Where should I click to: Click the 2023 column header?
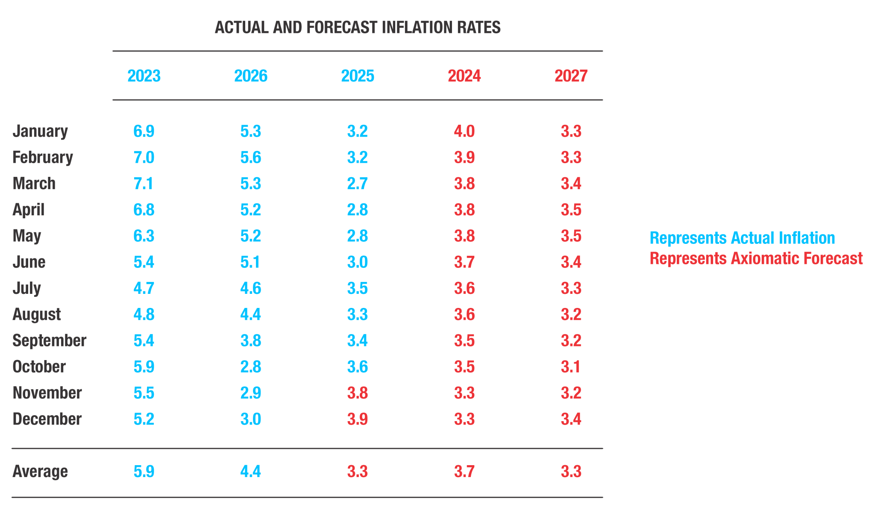144,76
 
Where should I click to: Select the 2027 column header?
571,76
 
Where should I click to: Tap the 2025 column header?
357,76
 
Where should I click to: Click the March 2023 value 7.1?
144,184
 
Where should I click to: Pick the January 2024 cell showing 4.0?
464,131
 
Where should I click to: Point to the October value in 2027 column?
571,367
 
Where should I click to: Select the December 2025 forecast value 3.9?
357,419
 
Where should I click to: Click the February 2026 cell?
250,158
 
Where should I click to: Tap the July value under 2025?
357,288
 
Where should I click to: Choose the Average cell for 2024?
464,472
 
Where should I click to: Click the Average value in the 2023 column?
144,472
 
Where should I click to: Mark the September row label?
49,341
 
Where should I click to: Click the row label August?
36,315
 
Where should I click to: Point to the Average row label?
40,472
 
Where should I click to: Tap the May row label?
26,236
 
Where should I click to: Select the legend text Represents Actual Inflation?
742,238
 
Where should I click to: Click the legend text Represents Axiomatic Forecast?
756,258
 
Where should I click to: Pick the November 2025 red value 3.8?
357,393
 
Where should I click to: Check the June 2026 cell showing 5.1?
250,262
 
